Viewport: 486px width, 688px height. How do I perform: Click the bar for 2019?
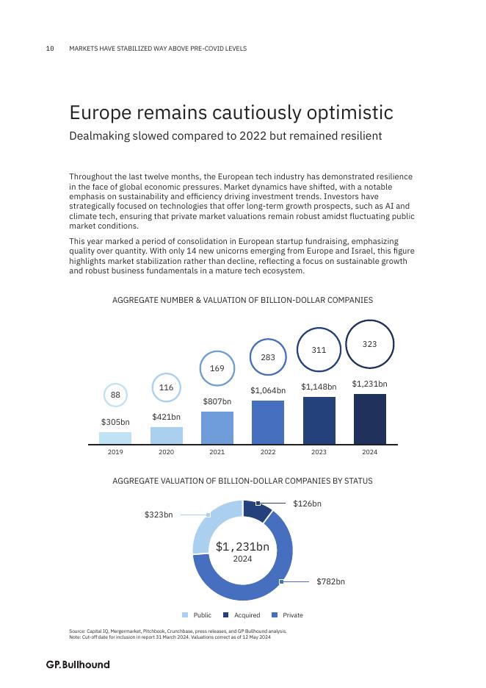click(x=115, y=438)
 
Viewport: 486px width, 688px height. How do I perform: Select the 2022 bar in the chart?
click(x=268, y=422)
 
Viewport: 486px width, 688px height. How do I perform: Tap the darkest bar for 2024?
click(x=369, y=419)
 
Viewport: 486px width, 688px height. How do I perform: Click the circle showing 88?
click(x=115, y=395)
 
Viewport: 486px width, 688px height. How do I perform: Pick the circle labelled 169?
click(x=217, y=368)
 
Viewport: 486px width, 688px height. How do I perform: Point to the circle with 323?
click(x=370, y=344)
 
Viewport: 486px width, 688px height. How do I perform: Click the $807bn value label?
click(x=217, y=402)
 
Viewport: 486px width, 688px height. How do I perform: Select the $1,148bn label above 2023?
click(x=319, y=387)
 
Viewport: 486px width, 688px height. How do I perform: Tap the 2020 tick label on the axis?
click(x=166, y=452)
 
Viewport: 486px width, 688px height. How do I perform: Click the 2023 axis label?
click(x=319, y=452)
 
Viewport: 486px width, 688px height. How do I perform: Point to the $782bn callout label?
click(x=330, y=582)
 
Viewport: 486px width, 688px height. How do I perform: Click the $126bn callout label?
click(x=307, y=504)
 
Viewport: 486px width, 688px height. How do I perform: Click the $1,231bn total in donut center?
click(x=242, y=547)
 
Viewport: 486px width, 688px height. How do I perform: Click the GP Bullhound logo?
click(x=78, y=664)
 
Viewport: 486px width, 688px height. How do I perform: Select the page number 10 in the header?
click(x=50, y=49)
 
